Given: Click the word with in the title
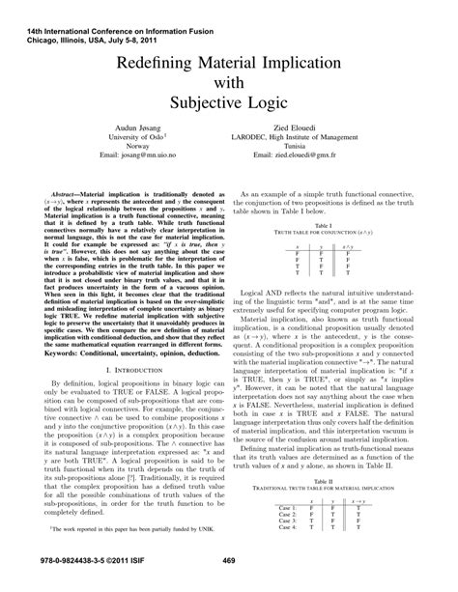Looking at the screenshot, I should pos(229,83).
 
